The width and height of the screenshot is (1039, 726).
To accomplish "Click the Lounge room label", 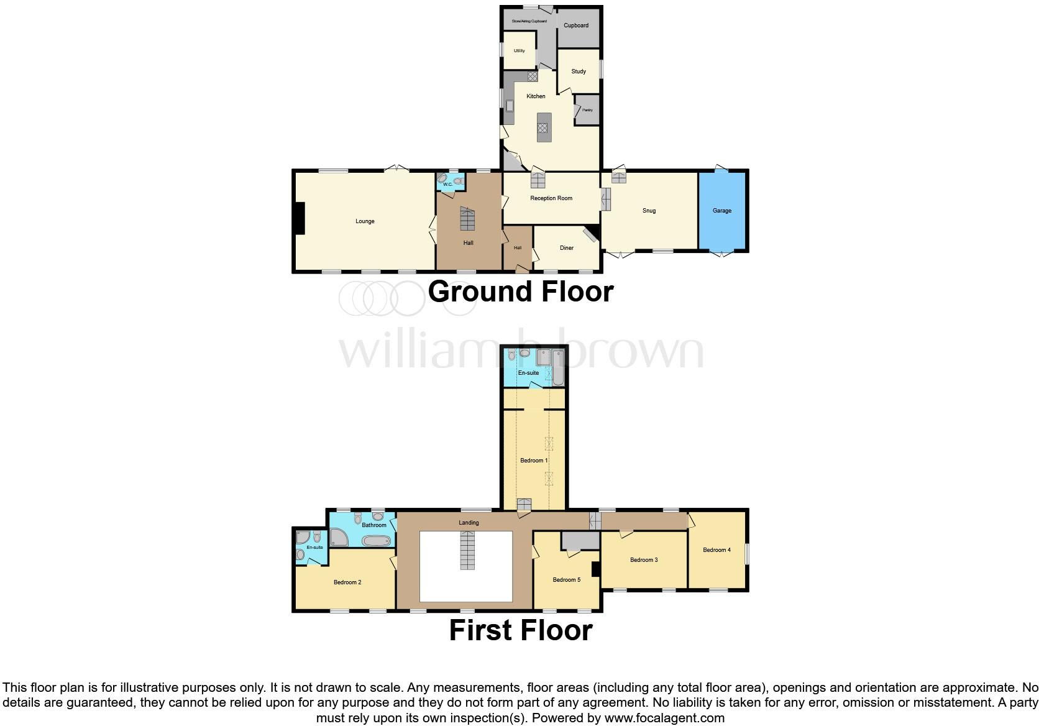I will click(x=365, y=221).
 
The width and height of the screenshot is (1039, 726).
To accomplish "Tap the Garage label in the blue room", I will click(x=721, y=211).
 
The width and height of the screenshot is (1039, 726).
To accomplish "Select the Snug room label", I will click(x=649, y=211).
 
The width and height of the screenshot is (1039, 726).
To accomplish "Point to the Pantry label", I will click(x=587, y=110).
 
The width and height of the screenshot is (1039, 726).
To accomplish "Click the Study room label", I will click(x=579, y=71).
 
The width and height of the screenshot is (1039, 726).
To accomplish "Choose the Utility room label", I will click(x=519, y=51).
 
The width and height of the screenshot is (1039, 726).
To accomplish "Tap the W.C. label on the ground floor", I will click(x=447, y=184).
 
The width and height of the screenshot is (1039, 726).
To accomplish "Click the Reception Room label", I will click(x=551, y=198).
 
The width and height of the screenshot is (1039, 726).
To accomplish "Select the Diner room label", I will click(x=566, y=248).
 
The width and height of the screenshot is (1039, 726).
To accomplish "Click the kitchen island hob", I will click(x=542, y=128).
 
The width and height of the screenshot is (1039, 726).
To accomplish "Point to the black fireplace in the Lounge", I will click(x=300, y=219).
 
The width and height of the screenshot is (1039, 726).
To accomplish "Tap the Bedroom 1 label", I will click(x=533, y=461).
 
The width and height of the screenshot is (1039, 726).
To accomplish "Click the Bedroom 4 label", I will click(x=716, y=550).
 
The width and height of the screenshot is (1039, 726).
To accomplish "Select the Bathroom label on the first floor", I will click(x=374, y=525).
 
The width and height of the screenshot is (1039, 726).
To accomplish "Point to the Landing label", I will click(x=469, y=523).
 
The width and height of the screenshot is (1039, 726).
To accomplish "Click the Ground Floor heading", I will click(x=520, y=292).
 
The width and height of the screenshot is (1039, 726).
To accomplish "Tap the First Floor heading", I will click(x=520, y=630).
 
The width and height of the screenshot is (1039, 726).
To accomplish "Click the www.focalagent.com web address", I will click(x=664, y=718).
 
